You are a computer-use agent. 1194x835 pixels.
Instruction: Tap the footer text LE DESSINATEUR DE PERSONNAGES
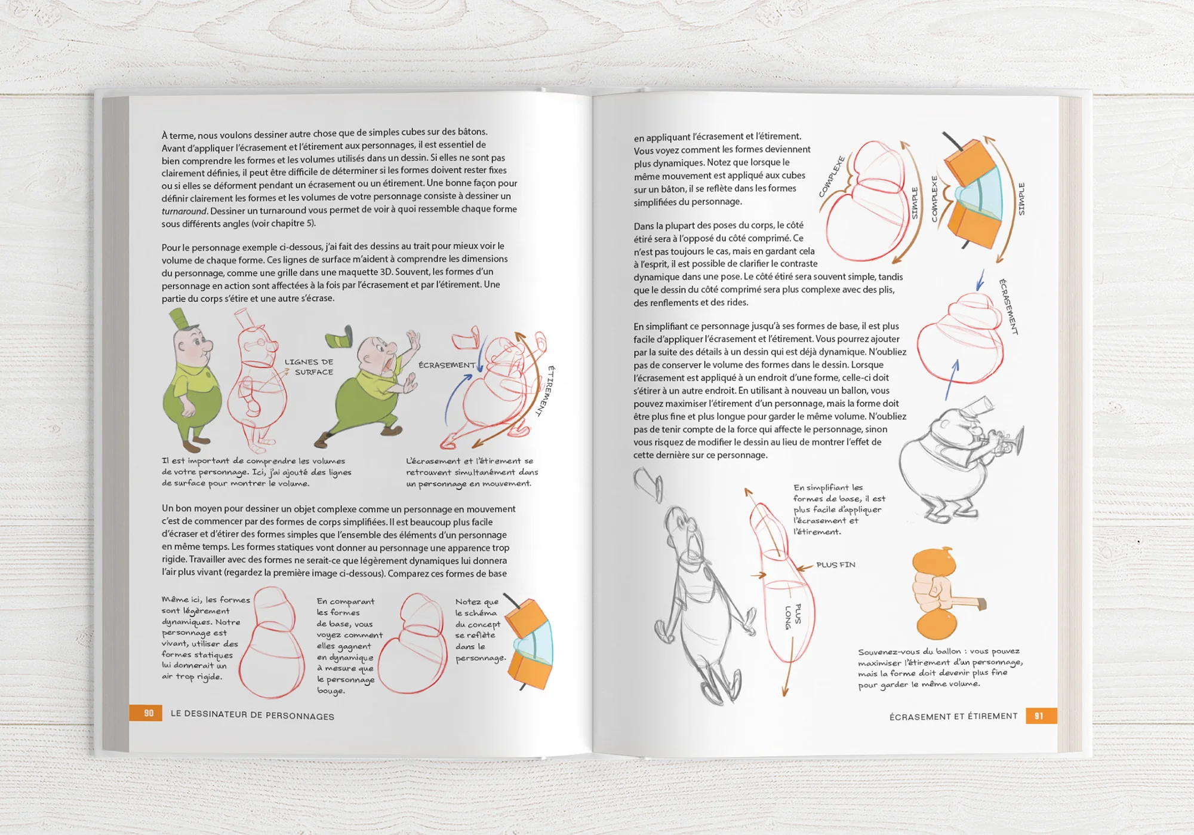[x=252, y=716]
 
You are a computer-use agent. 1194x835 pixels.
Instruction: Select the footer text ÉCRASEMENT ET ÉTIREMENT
[x=953, y=716]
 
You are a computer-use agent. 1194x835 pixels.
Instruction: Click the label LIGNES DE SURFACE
[x=309, y=367]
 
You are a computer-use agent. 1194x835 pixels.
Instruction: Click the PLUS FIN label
[x=835, y=564]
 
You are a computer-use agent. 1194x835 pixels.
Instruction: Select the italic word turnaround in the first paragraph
[x=184, y=211]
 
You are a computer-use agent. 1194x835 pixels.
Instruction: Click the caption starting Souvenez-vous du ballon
[x=940, y=668]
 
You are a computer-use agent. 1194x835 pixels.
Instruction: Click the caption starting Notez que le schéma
[x=479, y=630]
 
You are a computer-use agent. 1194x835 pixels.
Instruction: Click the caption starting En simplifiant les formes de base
[x=838, y=509]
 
